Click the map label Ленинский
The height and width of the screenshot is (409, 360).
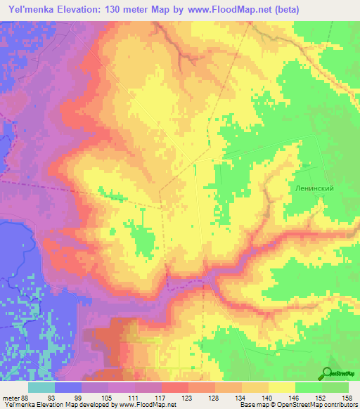312,188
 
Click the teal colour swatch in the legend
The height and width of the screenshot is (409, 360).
41,387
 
